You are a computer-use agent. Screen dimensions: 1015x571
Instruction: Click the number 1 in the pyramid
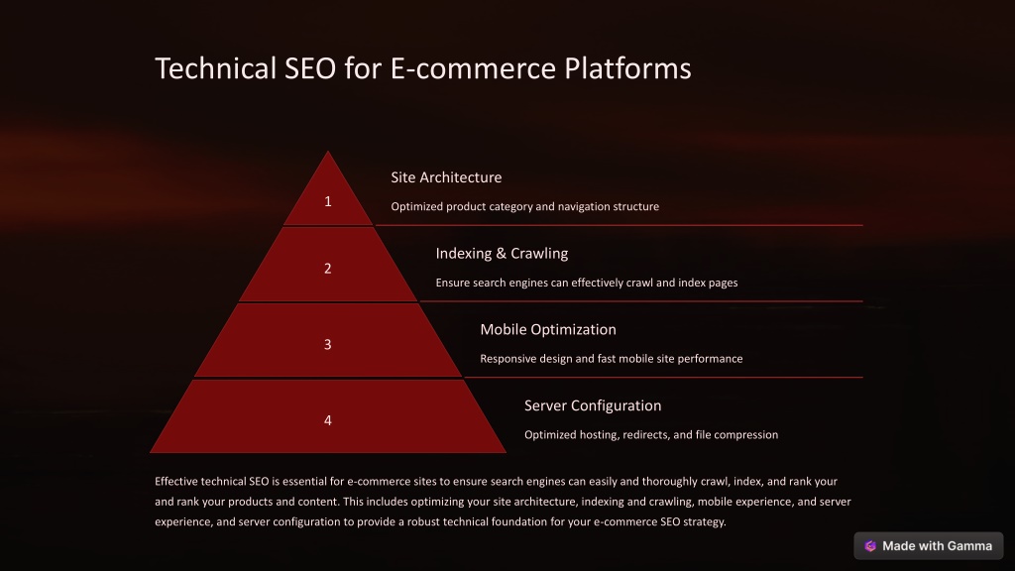tap(327, 201)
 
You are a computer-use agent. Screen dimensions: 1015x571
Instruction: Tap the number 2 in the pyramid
tap(327, 268)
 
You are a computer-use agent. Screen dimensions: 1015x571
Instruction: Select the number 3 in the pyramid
tap(327, 344)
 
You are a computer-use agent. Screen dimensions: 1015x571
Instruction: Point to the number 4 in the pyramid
tap(327, 420)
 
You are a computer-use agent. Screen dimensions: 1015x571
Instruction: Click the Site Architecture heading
tap(446, 177)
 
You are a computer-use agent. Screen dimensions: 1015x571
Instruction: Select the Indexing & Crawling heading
tap(502, 253)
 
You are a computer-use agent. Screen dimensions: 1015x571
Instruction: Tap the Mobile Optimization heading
tap(547, 329)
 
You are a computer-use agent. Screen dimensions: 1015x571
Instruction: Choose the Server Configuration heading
tap(593, 405)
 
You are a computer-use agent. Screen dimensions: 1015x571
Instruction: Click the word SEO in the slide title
tap(310, 68)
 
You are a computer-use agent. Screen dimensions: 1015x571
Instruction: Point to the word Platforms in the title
tap(627, 68)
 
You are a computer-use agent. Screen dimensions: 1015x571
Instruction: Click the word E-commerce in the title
tap(473, 68)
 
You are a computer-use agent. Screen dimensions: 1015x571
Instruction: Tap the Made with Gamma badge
tap(928, 546)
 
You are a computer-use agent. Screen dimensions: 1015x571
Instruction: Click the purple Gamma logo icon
tap(870, 546)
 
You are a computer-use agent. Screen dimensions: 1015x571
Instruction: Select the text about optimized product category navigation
tap(525, 206)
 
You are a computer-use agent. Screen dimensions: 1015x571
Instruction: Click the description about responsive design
tap(611, 359)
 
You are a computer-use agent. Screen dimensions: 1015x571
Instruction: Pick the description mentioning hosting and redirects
tap(651, 435)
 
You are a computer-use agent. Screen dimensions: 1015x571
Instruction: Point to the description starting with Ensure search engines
tap(587, 283)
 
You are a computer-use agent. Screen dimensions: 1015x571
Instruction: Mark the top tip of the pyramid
tap(327, 151)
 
